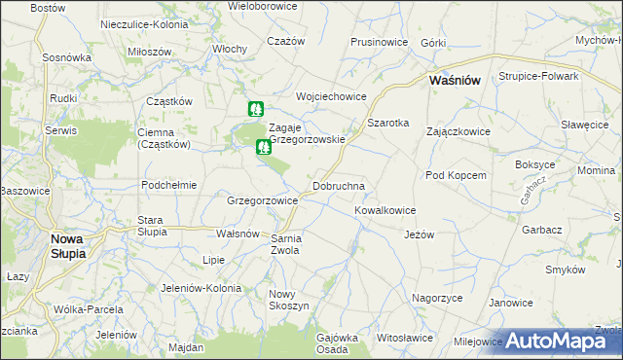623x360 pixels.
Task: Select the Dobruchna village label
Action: coord(338,185)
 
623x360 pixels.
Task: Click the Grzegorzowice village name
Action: coord(262,200)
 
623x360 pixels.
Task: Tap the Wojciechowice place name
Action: coord(330,96)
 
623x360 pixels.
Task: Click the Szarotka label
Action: coord(387,123)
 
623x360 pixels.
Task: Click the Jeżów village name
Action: coord(418,234)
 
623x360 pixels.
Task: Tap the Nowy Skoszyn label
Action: coord(289,300)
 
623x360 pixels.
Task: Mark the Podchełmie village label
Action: coord(169,185)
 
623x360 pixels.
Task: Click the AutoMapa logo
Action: coord(564,342)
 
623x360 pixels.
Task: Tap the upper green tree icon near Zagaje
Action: coord(255,109)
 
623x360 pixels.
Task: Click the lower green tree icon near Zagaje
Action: coord(262,148)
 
